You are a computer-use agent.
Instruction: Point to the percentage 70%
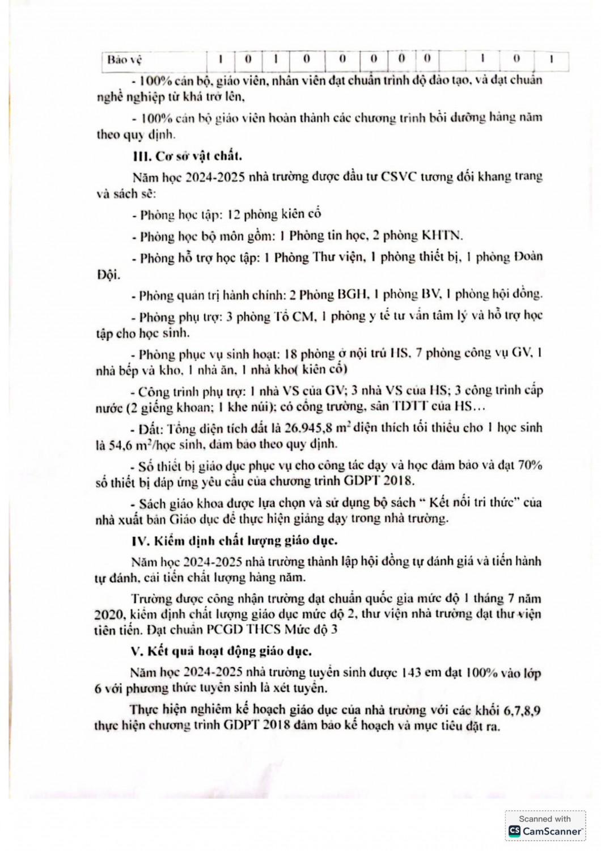point(530,465)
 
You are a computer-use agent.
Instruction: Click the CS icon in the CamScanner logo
point(514,831)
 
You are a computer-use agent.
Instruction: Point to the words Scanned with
point(545,819)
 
